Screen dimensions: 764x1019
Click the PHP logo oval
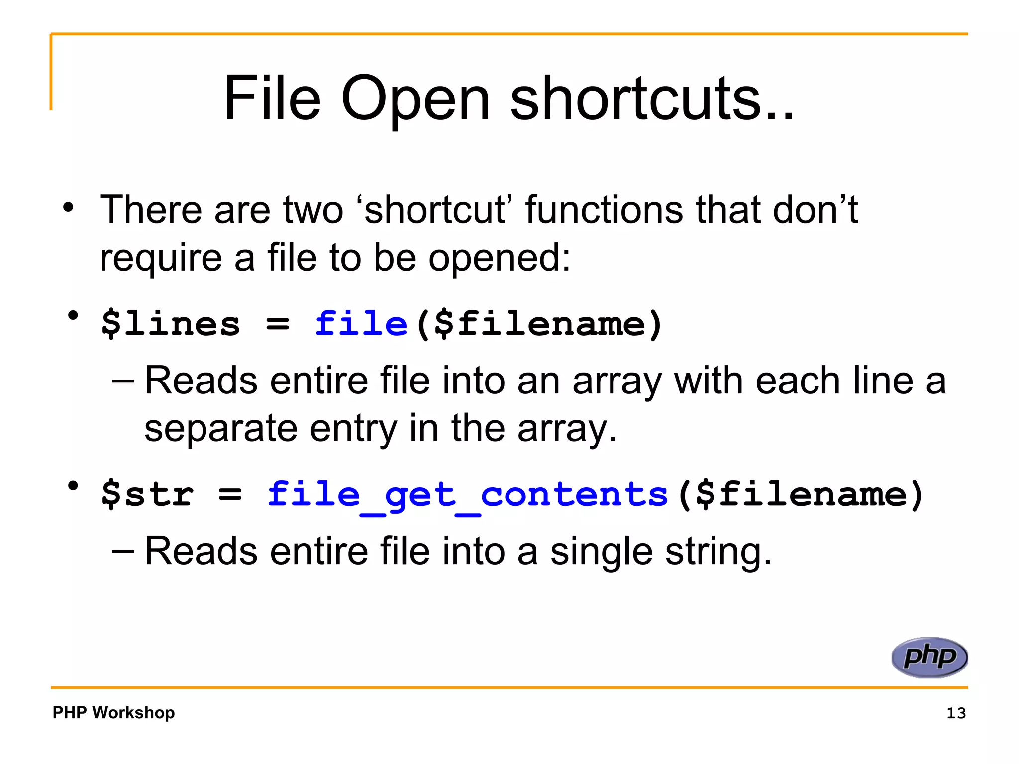coord(929,657)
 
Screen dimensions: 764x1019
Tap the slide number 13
coord(956,713)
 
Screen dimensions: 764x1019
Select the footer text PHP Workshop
coord(113,713)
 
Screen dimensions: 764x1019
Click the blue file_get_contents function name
coord(467,495)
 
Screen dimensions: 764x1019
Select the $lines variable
coord(171,324)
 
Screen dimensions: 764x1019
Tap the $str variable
coord(147,495)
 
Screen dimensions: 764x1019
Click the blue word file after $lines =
coord(361,324)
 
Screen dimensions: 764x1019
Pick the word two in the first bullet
coord(313,210)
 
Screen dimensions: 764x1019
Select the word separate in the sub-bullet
coord(221,429)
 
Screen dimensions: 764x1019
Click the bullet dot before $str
coord(74,486)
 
